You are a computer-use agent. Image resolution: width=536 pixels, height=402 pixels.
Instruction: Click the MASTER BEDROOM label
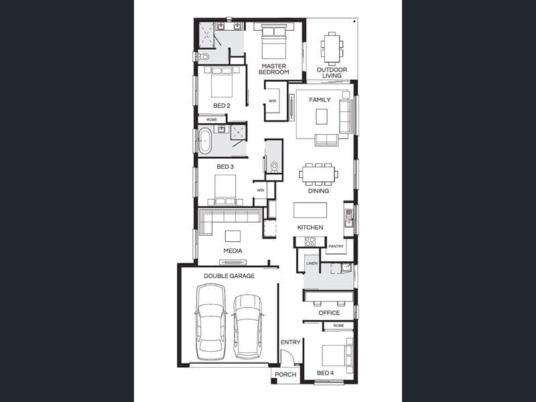274,69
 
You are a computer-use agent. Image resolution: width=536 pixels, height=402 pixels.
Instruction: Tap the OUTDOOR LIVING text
332,72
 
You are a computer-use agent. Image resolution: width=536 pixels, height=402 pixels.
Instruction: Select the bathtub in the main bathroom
205,141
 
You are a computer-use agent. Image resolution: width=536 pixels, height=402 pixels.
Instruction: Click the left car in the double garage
210,322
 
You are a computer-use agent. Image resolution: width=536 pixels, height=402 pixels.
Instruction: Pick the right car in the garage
248,326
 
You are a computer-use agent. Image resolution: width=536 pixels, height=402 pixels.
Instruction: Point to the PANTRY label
336,246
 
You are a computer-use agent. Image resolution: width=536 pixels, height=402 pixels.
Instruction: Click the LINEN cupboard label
312,263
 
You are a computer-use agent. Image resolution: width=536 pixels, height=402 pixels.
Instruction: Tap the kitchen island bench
310,210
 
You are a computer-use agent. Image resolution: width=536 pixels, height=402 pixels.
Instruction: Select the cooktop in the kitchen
310,242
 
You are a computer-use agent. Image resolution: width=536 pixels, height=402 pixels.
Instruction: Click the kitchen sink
348,218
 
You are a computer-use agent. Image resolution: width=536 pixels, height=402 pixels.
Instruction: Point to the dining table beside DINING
318,174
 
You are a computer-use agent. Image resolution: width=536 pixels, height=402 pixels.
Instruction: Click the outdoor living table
332,48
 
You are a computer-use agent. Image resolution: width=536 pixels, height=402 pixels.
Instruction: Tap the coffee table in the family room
322,116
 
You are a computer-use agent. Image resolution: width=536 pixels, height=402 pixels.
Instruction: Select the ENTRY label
290,342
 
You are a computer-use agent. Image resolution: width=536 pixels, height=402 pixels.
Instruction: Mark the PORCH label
285,375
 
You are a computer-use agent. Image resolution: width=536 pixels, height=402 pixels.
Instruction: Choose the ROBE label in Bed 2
212,120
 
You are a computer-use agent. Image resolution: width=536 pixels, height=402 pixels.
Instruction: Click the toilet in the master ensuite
204,57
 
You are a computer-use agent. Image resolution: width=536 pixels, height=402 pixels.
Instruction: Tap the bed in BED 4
337,356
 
